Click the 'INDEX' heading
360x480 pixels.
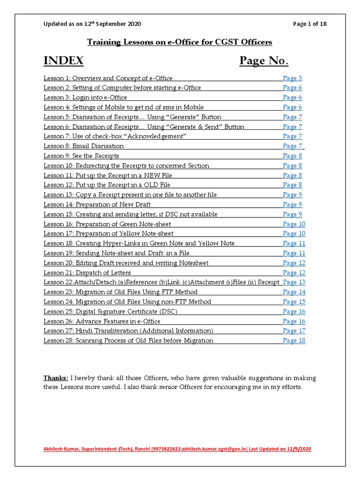point(64,61)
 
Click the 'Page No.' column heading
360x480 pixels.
point(264,61)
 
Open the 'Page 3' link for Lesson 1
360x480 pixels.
point(292,78)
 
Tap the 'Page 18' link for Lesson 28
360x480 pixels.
point(294,340)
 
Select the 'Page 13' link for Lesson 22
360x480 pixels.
point(294,282)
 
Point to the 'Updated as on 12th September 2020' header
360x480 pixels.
point(92,24)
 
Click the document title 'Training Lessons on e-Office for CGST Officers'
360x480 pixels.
point(180,42)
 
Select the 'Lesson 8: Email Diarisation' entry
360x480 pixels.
point(84,146)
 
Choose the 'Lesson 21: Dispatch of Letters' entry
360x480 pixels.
point(87,273)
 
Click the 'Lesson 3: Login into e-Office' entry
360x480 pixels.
point(85,97)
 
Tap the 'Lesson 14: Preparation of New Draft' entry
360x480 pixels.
point(97,204)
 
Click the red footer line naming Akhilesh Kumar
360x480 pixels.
point(177,449)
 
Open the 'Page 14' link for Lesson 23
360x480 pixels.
point(294,292)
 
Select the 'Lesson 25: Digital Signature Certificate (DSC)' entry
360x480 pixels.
point(111,311)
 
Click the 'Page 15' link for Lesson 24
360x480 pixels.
point(294,302)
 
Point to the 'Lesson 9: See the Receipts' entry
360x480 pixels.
point(81,156)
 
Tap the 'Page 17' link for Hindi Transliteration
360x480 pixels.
point(294,330)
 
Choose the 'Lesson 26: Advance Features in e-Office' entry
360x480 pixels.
point(102,321)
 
